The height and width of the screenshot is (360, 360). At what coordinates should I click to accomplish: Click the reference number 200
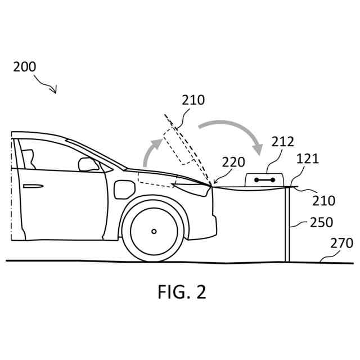[25, 66]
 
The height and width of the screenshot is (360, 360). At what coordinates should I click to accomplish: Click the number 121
[308, 159]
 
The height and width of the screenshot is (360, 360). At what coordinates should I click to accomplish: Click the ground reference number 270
[342, 243]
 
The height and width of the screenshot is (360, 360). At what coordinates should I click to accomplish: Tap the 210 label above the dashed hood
[193, 100]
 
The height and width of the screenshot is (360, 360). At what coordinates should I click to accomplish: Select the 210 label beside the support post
[324, 200]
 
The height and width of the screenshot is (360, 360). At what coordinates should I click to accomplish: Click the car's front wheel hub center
[154, 231]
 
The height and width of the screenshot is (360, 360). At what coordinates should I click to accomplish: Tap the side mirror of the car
[88, 164]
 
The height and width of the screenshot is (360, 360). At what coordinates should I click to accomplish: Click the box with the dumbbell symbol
[264, 179]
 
